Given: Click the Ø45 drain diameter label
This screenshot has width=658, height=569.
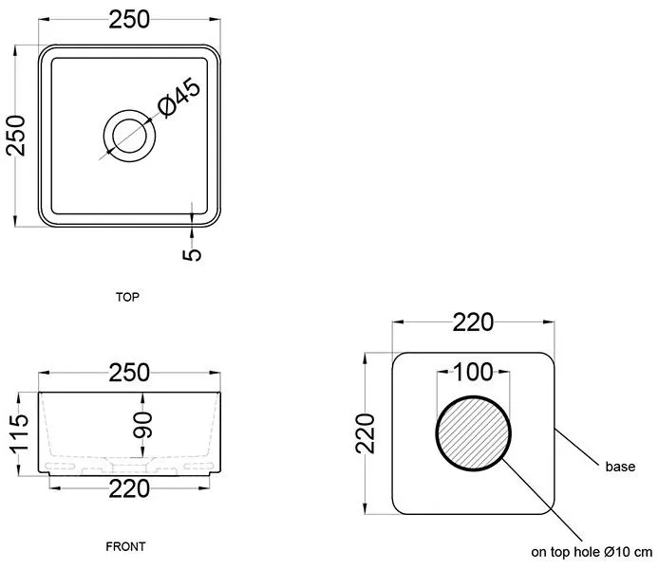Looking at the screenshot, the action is (x=179, y=98).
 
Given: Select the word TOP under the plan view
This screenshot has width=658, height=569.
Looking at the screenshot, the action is (x=127, y=297).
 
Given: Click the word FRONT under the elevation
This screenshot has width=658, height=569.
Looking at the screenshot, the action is (x=125, y=547).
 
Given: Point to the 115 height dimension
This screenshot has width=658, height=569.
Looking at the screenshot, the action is (x=19, y=434).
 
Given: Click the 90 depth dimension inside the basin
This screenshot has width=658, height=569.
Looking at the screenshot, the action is (x=142, y=425).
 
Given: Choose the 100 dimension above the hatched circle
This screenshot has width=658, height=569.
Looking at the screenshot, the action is (x=474, y=372).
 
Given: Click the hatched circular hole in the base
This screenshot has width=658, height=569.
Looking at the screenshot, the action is (x=474, y=433).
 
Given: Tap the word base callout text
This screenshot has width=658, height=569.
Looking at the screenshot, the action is (x=620, y=467).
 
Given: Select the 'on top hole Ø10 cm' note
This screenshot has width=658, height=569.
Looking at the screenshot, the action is (x=592, y=552).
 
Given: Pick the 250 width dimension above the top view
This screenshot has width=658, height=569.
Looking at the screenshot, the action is (x=129, y=20).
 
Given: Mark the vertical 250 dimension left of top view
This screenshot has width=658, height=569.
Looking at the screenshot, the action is (x=16, y=136).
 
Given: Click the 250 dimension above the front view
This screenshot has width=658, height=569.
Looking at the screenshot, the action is (x=129, y=373).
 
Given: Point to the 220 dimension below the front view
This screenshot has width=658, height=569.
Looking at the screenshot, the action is (x=129, y=489).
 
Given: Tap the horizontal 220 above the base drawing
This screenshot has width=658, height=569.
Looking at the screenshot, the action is (x=474, y=322).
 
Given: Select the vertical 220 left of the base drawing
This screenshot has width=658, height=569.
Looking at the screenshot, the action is (x=366, y=433).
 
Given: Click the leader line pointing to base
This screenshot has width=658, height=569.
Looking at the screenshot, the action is (x=576, y=447).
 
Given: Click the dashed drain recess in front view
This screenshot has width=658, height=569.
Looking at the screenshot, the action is (x=129, y=465).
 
